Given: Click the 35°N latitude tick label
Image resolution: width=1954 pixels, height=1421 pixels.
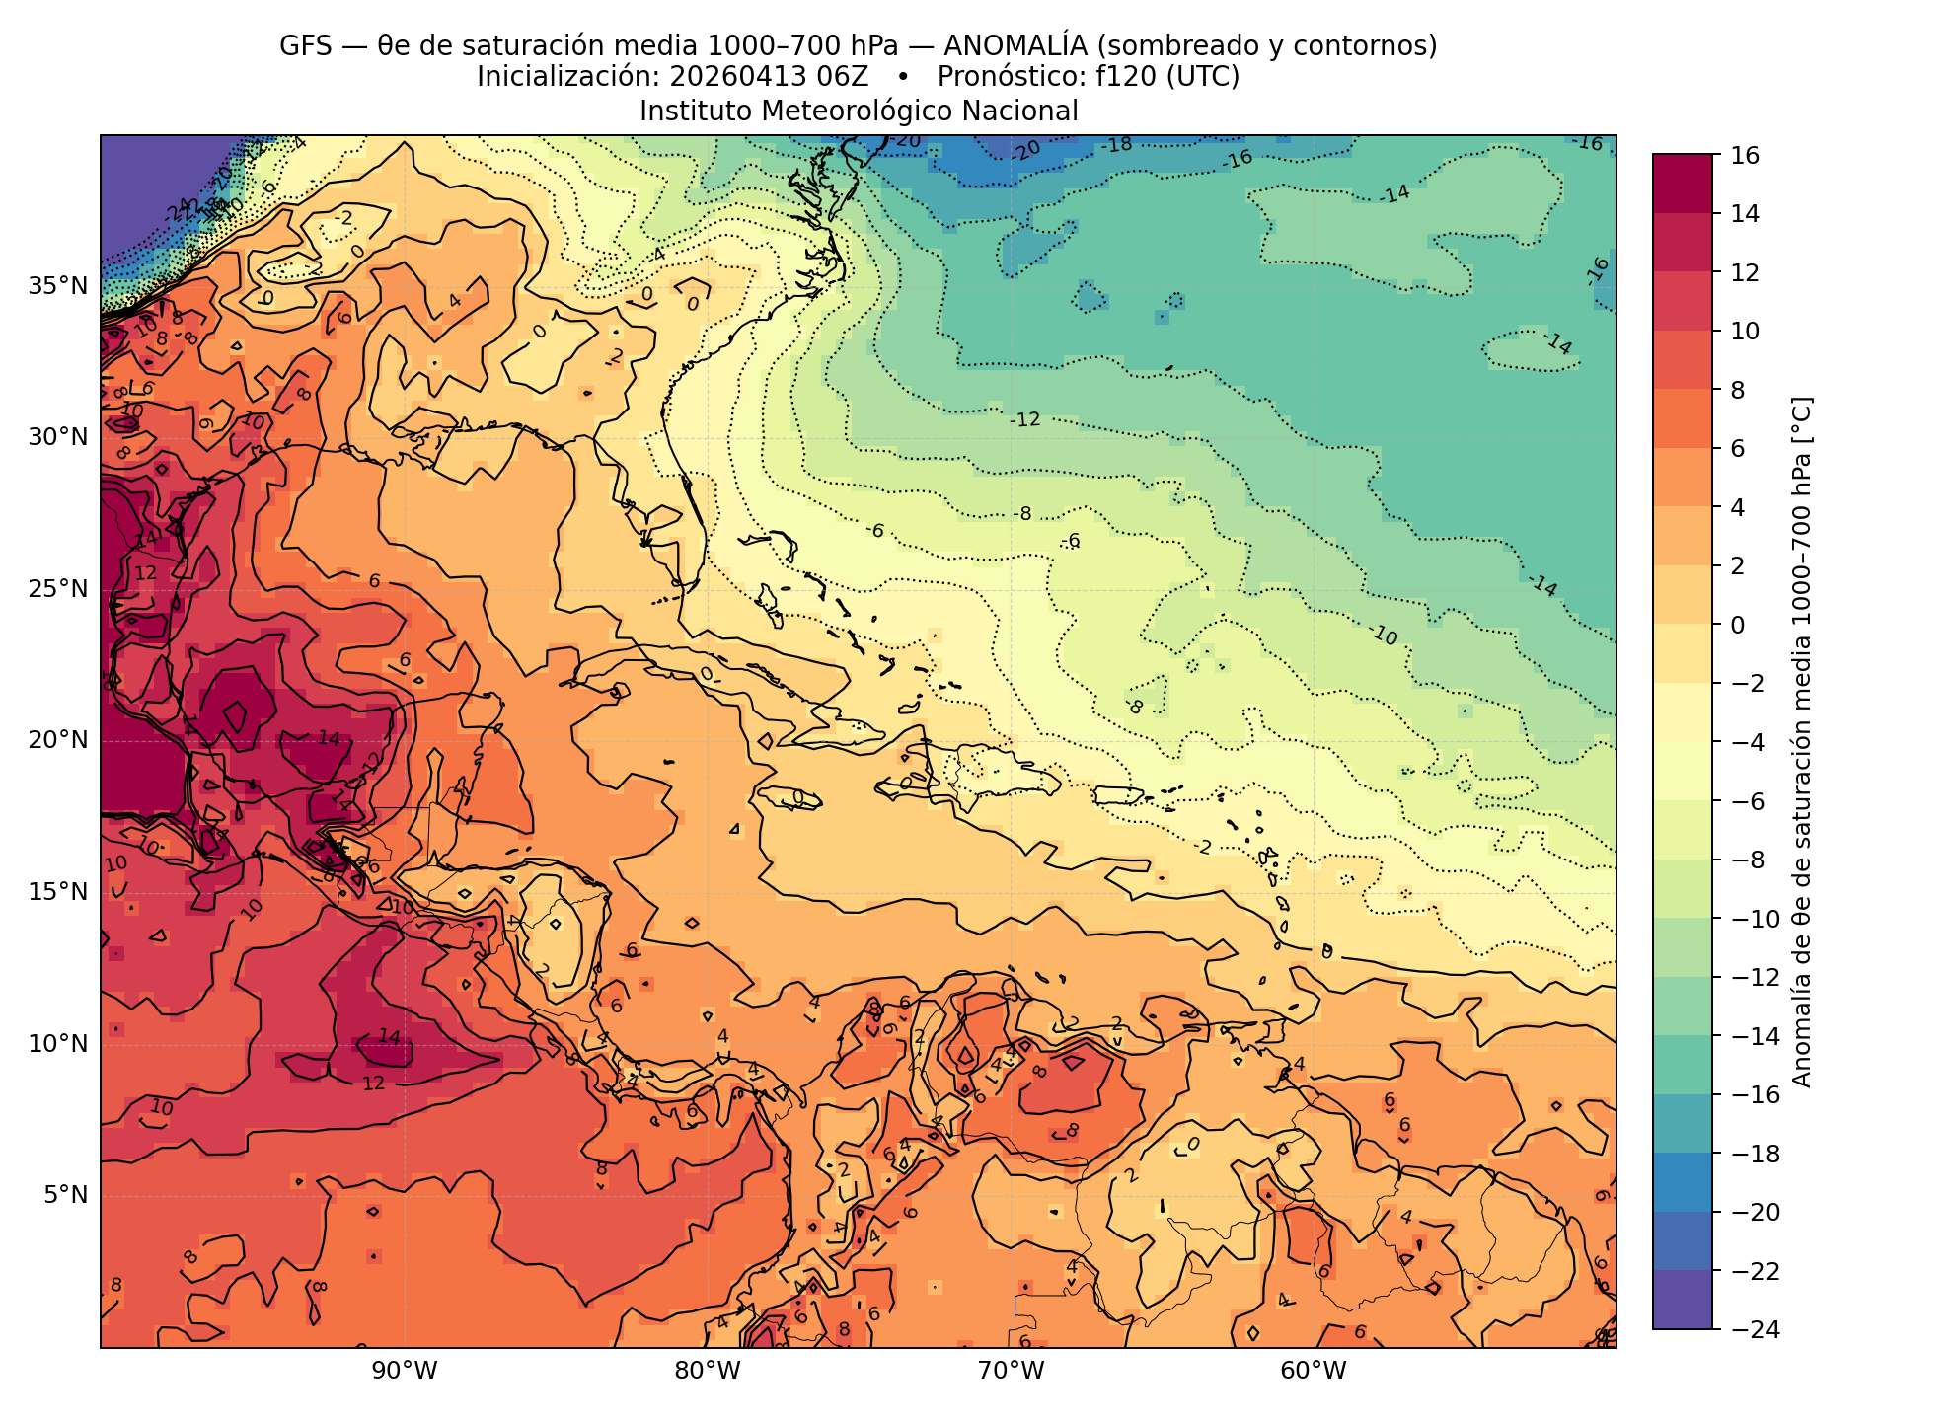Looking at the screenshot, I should (x=58, y=286).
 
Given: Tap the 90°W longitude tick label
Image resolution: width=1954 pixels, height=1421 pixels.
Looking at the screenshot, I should (x=404, y=1371).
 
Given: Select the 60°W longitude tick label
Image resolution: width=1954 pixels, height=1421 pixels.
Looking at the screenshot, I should (x=1314, y=1371).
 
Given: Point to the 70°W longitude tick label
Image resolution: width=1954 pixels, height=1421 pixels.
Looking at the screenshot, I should (x=1011, y=1371).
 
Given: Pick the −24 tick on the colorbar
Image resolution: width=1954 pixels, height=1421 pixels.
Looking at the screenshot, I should (x=1753, y=1329).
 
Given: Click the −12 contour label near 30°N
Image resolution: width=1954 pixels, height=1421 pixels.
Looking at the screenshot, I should (x=1025, y=419).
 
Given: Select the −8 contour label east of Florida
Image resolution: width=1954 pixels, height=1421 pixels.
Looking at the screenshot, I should (x=1022, y=513).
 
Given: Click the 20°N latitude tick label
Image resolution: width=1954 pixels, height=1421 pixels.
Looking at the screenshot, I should (x=58, y=740).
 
